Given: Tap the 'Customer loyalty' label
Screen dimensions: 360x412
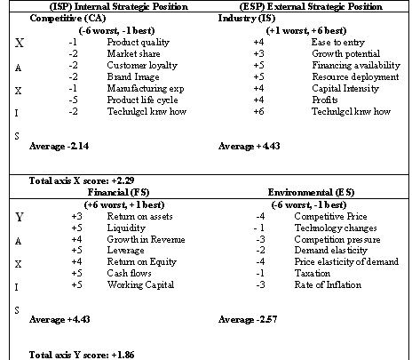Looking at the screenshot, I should (138, 65).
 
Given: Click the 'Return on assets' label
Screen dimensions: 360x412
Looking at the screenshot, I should (138, 216).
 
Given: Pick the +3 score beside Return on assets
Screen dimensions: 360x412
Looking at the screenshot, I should (77, 216).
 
